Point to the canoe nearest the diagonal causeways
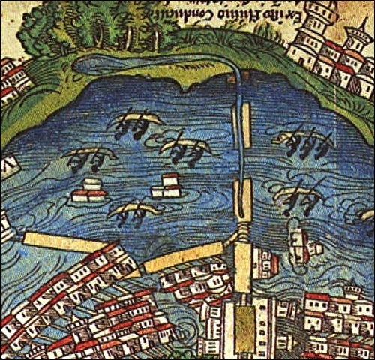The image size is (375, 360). pos(135,212)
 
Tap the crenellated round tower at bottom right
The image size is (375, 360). pos(352,296)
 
